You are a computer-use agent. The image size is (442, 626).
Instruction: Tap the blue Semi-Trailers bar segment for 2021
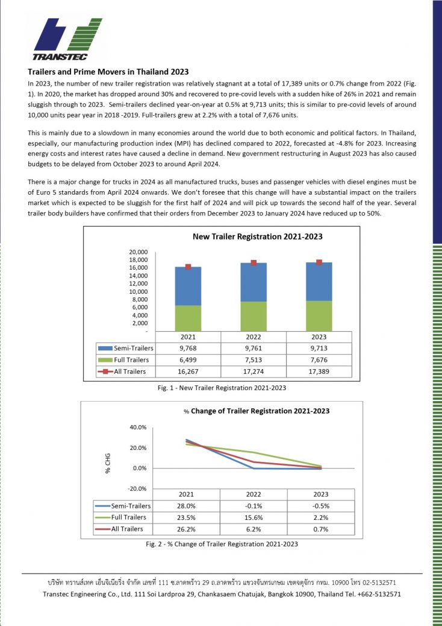click(x=188, y=286)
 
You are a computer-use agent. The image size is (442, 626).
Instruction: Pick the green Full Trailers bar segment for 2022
click(x=254, y=316)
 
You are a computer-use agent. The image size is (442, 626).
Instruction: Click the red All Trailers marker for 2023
click(x=319, y=262)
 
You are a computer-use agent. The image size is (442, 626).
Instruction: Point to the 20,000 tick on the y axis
click(x=139, y=252)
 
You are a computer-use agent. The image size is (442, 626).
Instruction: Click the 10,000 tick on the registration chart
click(x=139, y=291)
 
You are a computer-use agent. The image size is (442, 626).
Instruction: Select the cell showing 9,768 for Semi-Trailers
click(x=188, y=348)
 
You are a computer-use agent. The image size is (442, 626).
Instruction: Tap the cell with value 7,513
click(x=254, y=359)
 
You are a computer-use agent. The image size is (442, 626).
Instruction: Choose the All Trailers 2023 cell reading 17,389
click(x=319, y=371)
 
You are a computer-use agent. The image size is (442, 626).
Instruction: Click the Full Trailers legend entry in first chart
click(x=125, y=359)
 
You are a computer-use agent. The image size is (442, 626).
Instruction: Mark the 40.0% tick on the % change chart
click(x=138, y=428)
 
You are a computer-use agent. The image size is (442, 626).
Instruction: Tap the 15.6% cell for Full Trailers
click(x=254, y=517)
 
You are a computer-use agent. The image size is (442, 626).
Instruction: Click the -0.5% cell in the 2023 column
click(x=320, y=506)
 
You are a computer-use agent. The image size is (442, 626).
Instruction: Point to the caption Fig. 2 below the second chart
click(x=221, y=544)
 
